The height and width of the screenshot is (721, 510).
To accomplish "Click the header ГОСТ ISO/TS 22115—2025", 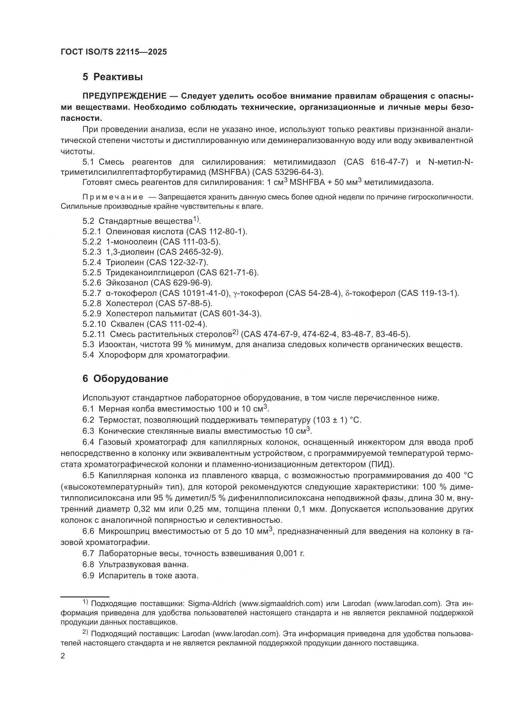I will (x=114, y=52).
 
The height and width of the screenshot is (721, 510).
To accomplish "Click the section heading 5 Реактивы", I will (x=113, y=77).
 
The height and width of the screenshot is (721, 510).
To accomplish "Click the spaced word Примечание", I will (x=113, y=197).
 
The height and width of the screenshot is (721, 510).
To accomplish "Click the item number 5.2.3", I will (x=92, y=252).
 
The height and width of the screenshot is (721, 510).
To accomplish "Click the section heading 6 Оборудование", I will (x=125, y=379).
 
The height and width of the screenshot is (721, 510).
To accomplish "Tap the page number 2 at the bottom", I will (x=63, y=656).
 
